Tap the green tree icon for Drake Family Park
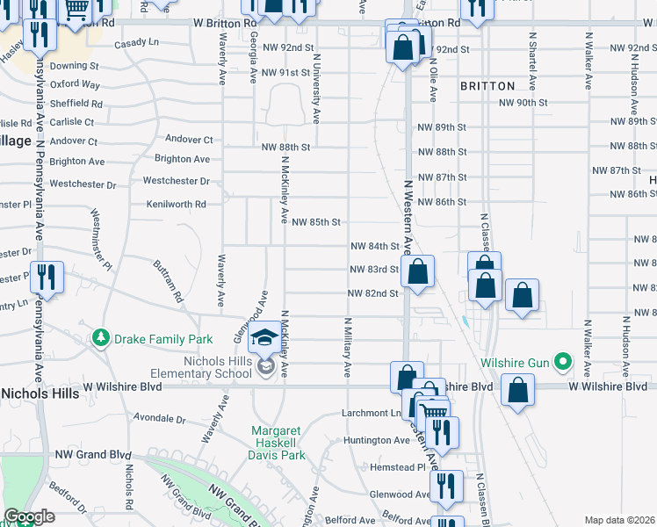click(102, 338)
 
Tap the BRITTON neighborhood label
click(487, 86)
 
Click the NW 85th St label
click(315, 222)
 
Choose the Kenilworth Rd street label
click(177, 204)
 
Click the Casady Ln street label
click(135, 42)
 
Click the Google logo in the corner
click(29, 517)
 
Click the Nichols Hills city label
click(39, 393)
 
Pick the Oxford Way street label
click(75, 84)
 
